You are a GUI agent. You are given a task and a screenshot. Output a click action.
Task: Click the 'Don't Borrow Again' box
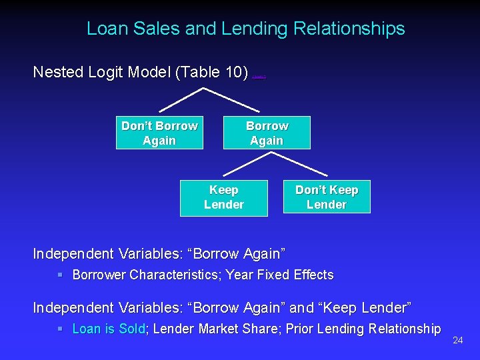coord(159,133)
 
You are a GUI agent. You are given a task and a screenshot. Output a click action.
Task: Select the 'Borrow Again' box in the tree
coord(267,133)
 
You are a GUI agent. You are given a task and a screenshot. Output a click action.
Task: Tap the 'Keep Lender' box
coord(224,197)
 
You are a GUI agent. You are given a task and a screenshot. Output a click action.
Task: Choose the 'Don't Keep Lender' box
coord(327,197)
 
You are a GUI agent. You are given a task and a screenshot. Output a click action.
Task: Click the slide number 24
coord(457,341)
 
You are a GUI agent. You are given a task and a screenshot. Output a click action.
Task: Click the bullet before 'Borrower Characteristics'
coord(60,275)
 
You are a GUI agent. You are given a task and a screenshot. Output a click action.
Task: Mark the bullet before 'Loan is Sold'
coord(60,329)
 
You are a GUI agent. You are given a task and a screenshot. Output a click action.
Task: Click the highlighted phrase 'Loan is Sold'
coord(108,329)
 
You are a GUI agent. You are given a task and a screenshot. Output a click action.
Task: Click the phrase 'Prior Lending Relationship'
coord(363,329)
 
